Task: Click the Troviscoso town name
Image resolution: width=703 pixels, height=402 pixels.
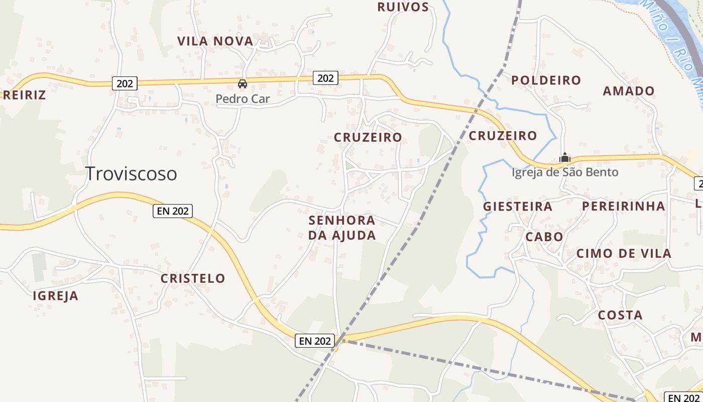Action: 131,174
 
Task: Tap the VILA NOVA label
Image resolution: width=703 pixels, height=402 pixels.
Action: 215,41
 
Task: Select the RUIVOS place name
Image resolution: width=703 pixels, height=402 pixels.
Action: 403,7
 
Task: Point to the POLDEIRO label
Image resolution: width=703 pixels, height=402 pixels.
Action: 546,80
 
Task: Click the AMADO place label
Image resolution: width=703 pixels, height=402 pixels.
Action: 629,91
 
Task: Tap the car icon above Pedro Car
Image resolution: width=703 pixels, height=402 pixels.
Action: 243,83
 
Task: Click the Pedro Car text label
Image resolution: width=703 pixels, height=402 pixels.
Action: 243,99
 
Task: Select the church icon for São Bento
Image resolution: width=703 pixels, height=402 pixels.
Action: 565,158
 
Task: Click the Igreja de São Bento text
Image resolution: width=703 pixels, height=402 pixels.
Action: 565,172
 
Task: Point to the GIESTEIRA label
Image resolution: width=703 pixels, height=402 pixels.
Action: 518,207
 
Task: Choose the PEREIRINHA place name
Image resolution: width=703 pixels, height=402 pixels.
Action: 623,206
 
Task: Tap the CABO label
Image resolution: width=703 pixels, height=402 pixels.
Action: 544,237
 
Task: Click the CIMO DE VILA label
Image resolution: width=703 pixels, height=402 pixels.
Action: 624,253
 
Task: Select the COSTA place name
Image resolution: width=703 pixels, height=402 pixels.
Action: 620,316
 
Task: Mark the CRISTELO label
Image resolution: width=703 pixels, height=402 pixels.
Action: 193,278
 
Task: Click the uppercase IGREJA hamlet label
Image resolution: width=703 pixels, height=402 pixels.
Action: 56,296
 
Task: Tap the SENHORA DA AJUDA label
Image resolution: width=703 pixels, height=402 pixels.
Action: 342,228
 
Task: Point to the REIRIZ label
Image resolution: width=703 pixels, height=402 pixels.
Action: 24,95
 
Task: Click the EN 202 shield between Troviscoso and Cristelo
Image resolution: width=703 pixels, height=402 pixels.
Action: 173,211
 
